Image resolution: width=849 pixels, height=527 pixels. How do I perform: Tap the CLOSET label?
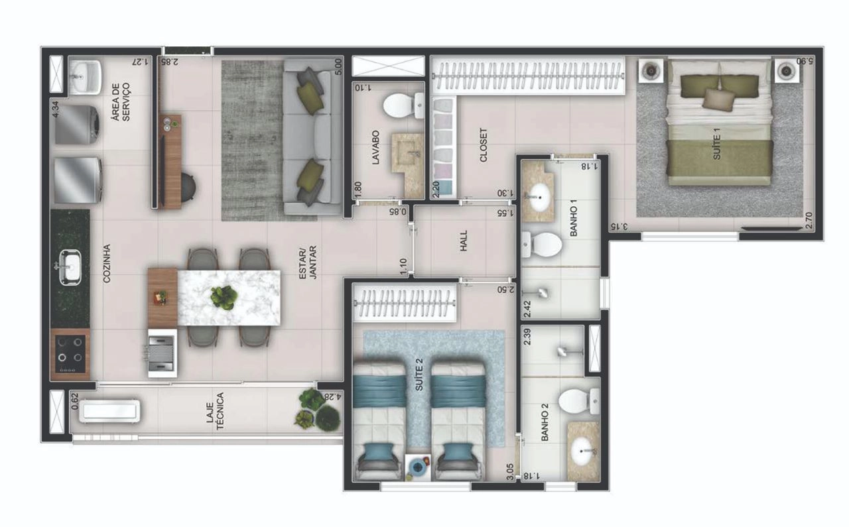coord(484,145)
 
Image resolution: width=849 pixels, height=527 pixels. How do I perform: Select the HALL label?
coord(464,241)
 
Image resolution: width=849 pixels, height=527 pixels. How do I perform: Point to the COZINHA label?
coord(107,263)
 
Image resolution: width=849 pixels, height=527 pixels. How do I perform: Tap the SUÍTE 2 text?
coord(419,375)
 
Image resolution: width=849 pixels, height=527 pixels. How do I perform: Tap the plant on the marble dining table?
coord(224,297)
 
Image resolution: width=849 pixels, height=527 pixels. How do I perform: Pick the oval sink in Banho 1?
coord(539,198)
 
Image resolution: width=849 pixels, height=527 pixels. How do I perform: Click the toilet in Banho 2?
coord(578,402)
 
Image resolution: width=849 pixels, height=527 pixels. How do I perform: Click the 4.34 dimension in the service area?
coord(55,109)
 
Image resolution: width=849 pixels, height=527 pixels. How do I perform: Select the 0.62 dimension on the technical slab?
coord(75,401)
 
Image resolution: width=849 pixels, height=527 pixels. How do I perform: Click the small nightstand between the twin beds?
coord(417,467)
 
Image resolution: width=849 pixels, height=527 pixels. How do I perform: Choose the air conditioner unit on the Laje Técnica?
coord(109,411)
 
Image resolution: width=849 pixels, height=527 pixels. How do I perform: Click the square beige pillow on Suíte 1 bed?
coord(718,99)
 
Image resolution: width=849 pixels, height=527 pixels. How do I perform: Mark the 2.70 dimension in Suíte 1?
coord(809,220)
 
